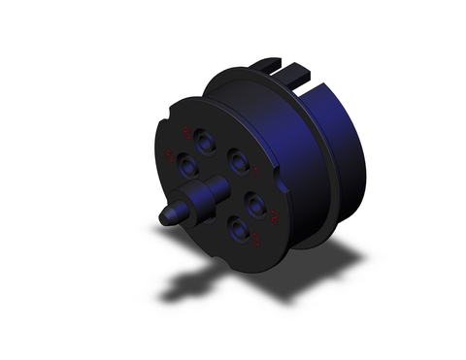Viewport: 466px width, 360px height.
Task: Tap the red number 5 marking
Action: pyautogui.click(x=172, y=157)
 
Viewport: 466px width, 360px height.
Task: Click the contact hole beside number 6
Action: pyautogui.click(x=207, y=141)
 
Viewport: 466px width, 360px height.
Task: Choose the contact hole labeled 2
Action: pyautogui.click(x=256, y=204)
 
